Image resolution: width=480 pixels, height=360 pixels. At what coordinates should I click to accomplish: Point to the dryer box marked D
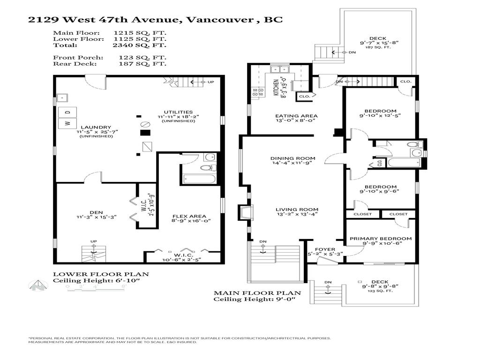click(x=67, y=112)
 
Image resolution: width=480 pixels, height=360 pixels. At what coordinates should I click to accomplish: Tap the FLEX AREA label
click(x=188, y=217)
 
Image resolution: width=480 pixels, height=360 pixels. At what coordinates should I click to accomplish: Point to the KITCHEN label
click(x=277, y=87)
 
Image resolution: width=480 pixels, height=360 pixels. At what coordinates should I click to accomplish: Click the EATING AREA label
click(x=297, y=116)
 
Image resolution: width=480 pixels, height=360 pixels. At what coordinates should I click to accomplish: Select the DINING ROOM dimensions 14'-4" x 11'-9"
click(x=293, y=164)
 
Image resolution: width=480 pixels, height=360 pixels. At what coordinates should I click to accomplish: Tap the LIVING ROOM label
click(x=297, y=210)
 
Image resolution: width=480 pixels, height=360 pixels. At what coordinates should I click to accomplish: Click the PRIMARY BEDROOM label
click(x=381, y=239)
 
